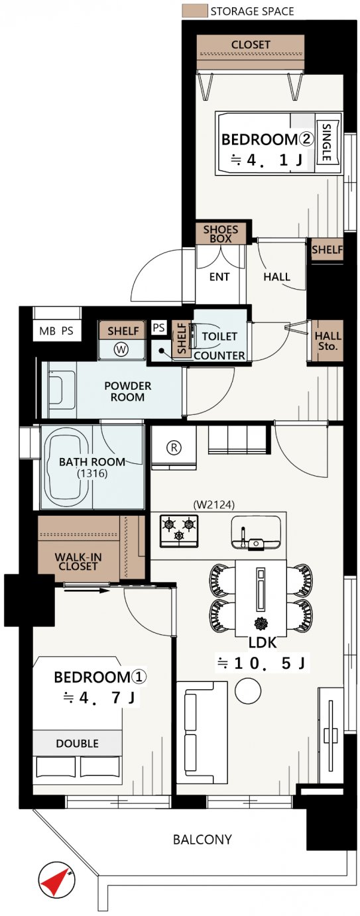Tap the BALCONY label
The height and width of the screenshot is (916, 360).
[202, 840]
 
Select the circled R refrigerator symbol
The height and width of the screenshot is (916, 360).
[174, 447]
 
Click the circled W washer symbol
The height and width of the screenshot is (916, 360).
[121, 349]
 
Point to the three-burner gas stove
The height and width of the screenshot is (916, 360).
[179, 530]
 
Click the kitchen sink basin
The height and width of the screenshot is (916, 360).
[256, 532]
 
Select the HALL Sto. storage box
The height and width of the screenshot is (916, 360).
[327, 341]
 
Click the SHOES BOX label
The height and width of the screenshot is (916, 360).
[221, 233]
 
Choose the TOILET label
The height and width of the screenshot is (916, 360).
[219, 336]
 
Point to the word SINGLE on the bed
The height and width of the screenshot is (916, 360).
[326, 142]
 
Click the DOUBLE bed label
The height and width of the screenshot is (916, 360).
[78, 744]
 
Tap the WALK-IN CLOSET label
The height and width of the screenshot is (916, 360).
[78, 561]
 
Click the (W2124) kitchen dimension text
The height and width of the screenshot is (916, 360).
[213, 504]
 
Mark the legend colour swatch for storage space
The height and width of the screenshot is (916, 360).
[195, 11]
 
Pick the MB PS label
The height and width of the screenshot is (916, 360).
[56, 331]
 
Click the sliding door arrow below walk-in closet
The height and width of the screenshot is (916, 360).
[87, 590]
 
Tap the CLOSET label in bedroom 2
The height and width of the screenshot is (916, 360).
[251, 44]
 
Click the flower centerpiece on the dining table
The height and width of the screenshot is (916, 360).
[261, 624]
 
